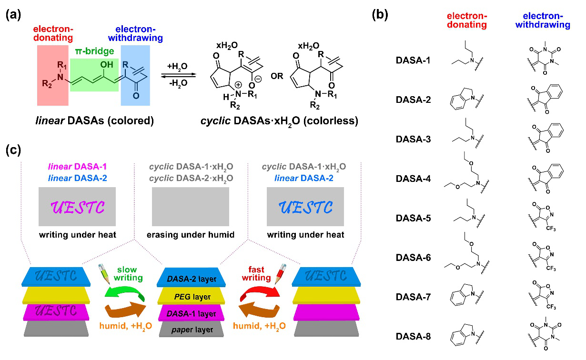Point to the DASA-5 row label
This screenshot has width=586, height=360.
coord(413,218)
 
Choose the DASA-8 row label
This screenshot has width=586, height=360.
coord(413,336)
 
